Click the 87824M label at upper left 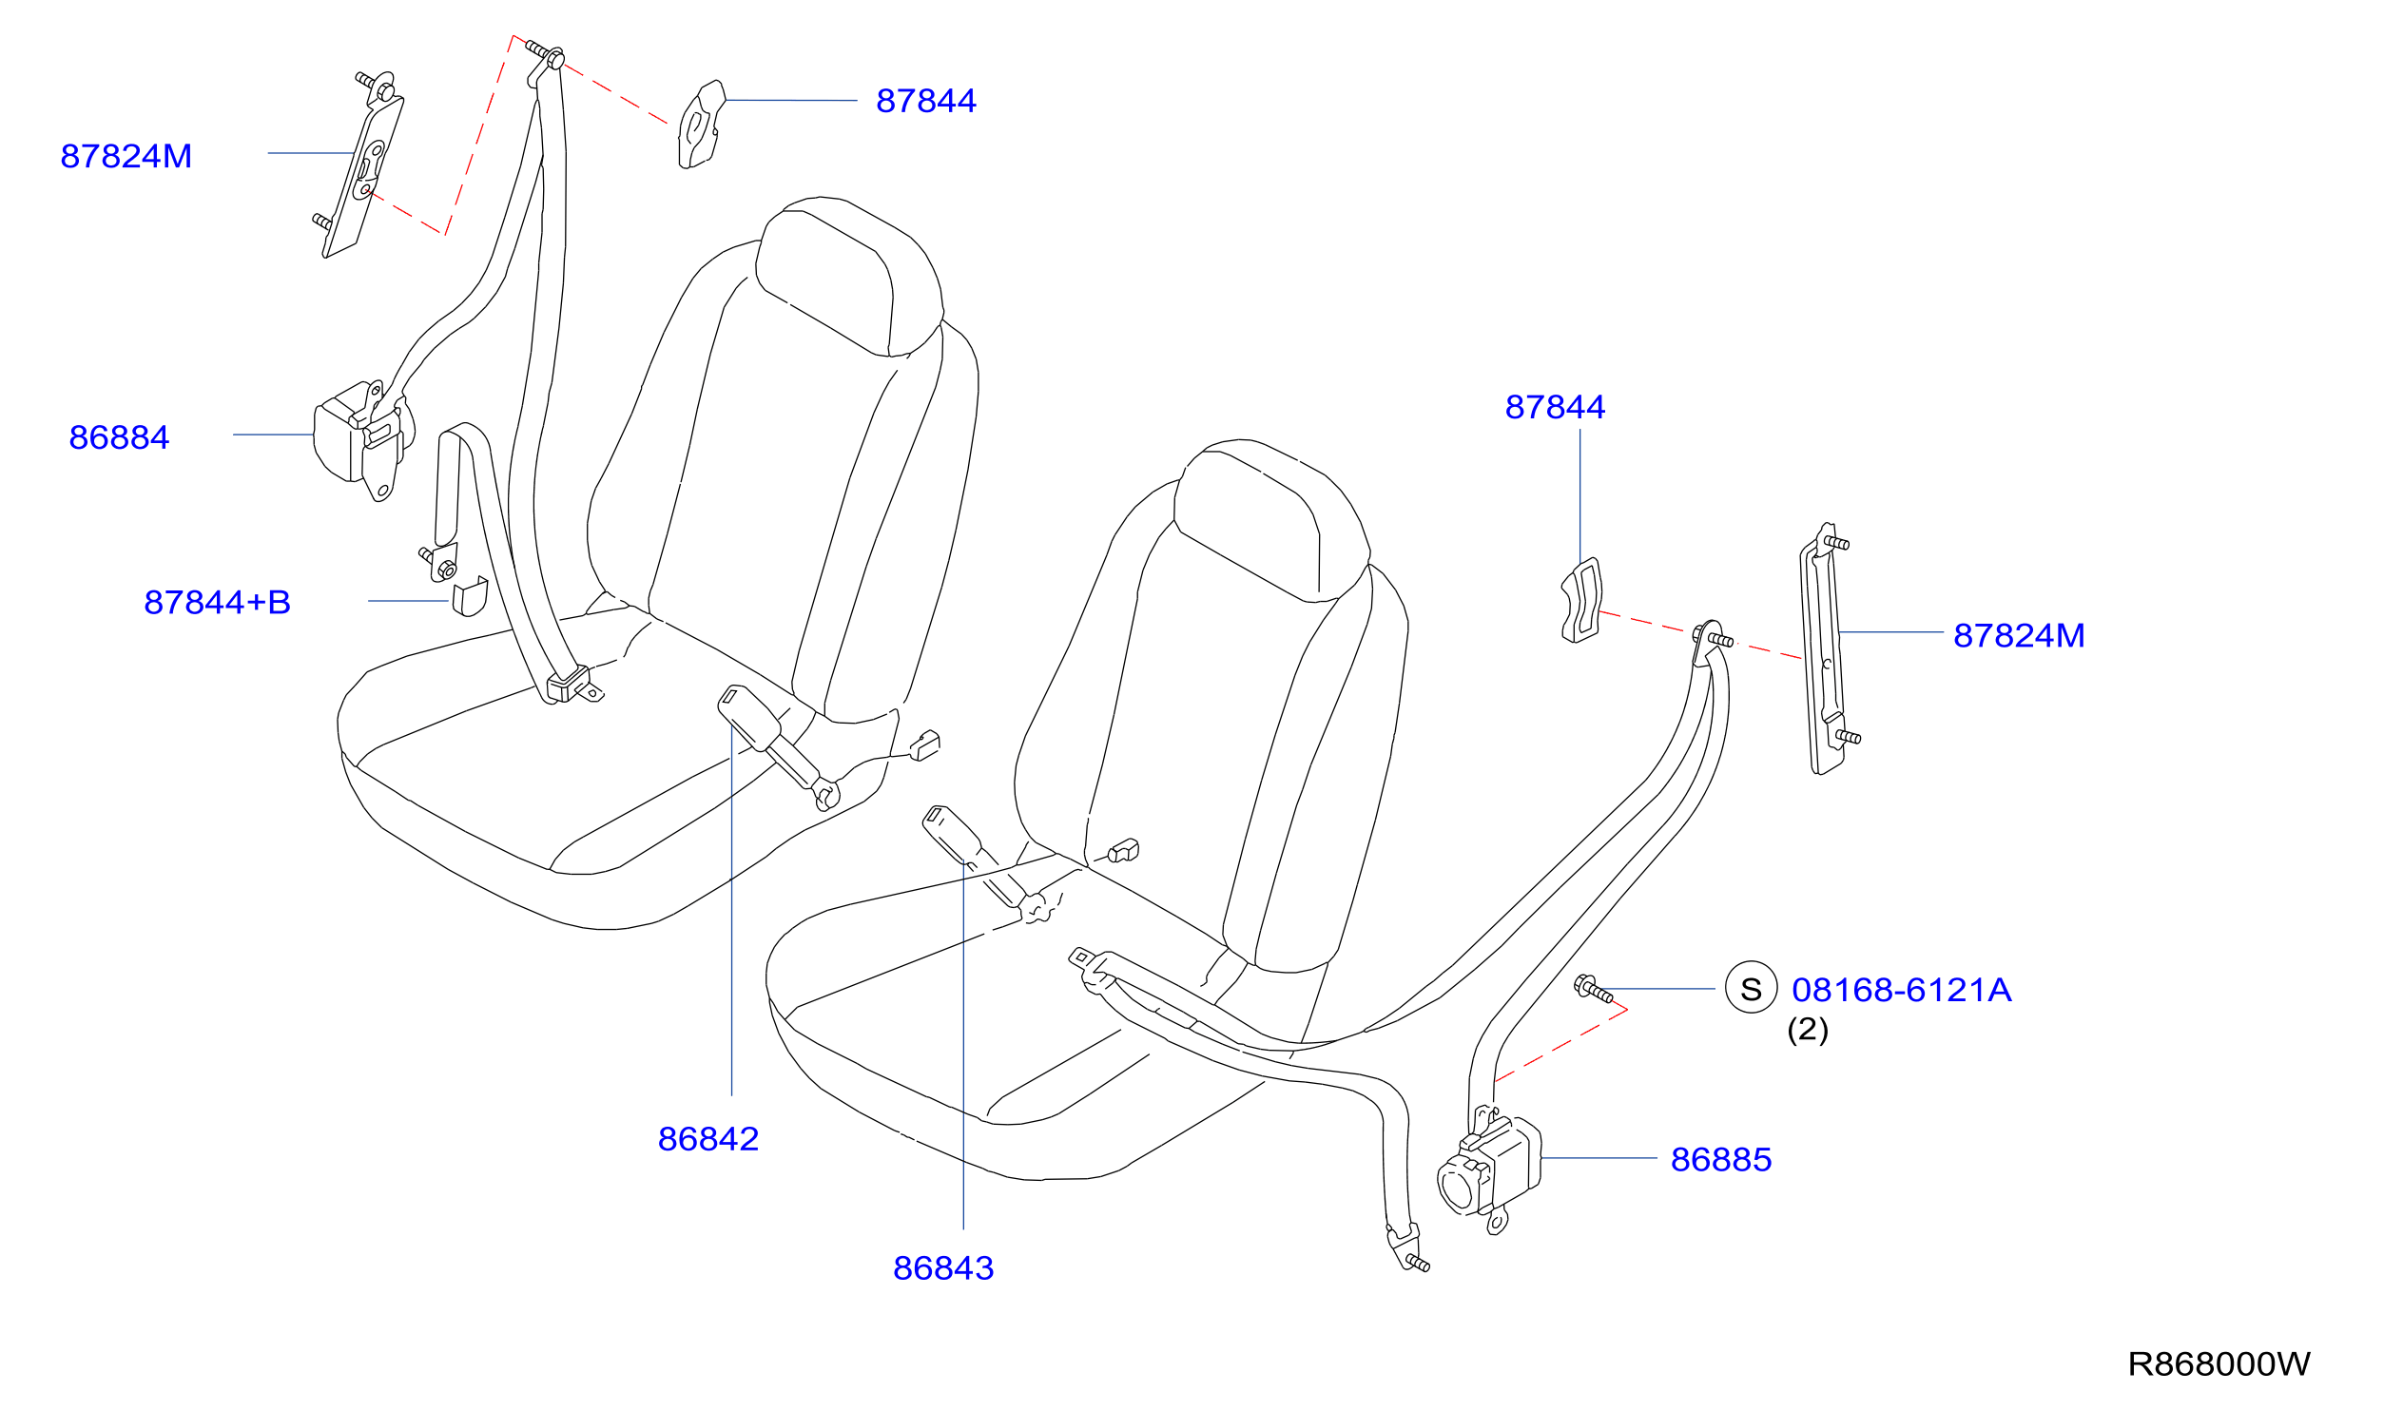pos(126,156)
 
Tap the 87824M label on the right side pos(2019,636)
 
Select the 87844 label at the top pos(926,101)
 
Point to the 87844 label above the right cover pos(1555,407)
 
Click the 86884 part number pos(119,437)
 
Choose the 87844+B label pos(218,603)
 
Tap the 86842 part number pos(708,1139)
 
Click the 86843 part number pos(943,1269)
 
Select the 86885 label pos(1721,1160)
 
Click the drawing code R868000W pos(2219,1364)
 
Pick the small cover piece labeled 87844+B pos(469,597)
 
